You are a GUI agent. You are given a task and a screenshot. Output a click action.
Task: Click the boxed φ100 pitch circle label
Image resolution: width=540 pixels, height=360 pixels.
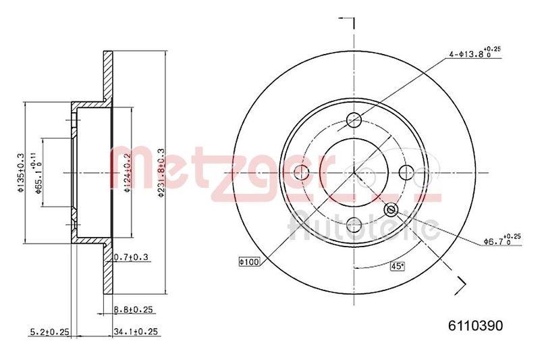[x=249, y=260]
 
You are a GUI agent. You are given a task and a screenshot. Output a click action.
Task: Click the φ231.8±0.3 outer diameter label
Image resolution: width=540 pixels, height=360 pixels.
[x=160, y=172]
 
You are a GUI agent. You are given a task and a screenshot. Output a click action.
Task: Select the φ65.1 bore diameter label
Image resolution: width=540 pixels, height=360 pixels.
[x=40, y=172]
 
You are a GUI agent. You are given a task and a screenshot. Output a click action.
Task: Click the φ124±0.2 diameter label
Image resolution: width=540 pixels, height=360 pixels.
[x=127, y=172]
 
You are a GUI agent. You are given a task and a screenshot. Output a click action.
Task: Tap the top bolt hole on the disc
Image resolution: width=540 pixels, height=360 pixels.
[x=354, y=120]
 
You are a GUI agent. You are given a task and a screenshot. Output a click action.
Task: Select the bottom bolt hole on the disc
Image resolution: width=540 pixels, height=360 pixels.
[x=354, y=226]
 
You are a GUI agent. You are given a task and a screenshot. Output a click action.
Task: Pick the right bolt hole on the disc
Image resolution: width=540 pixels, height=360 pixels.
[x=406, y=173]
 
